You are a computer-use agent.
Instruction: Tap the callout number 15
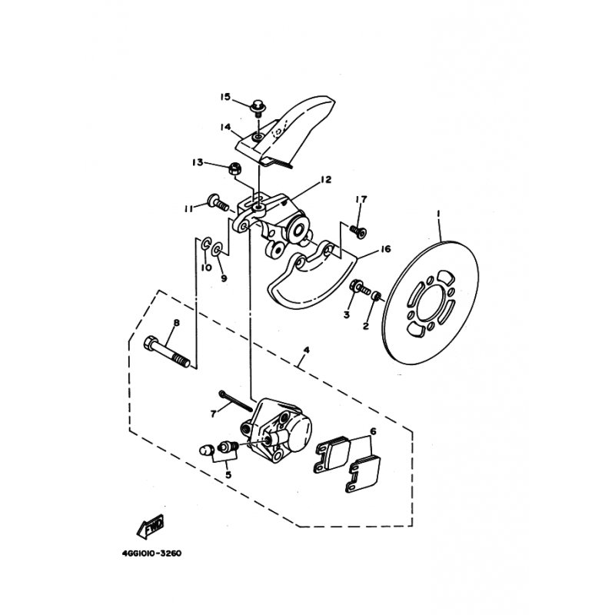click(x=225, y=97)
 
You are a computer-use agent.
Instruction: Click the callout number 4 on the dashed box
click(x=307, y=351)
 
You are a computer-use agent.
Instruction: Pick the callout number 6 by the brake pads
click(x=373, y=432)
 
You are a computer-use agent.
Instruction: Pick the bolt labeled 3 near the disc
click(x=357, y=290)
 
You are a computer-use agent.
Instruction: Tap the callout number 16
click(x=385, y=249)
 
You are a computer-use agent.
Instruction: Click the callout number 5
click(x=228, y=474)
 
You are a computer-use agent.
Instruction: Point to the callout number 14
click(x=225, y=128)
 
